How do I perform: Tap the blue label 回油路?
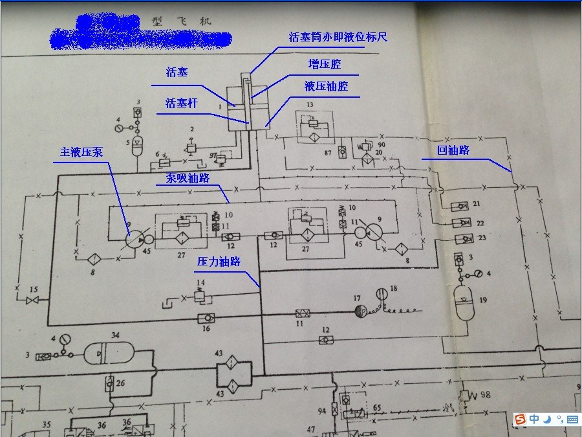pyautogui.click(x=453, y=150)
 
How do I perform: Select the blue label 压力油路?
pyautogui.click(x=219, y=262)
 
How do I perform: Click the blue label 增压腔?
pyautogui.click(x=324, y=65)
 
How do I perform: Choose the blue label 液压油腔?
pyautogui.click(x=326, y=86)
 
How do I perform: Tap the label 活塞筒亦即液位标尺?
pyautogui.click(x=338, y=37)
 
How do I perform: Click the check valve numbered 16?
pyautogui.click(x=206, y=318)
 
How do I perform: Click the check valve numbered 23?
pyautogui.click(x=462, y=239)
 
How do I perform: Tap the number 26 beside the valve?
pyautogui.click(x=120, y=383)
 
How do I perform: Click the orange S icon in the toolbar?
pyautogui.click(x=519, y=420)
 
